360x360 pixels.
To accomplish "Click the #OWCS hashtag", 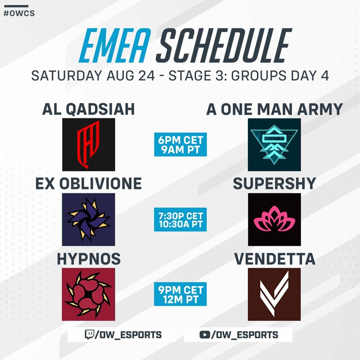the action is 19,13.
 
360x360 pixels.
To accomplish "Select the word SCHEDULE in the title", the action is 224,45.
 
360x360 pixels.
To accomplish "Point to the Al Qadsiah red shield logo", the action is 89,144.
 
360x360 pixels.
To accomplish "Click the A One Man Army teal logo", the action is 274,144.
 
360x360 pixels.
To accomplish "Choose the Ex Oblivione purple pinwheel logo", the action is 89,220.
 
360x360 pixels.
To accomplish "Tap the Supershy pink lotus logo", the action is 274,220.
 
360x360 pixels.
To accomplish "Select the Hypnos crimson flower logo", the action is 89,294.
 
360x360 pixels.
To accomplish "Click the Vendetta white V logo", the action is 274,294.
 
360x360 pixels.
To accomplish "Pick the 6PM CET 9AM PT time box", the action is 180,144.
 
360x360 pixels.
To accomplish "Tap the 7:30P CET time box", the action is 180,220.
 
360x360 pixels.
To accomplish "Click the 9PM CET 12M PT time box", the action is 180,294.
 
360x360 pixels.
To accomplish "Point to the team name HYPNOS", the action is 89,259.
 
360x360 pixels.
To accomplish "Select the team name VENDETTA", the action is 274,259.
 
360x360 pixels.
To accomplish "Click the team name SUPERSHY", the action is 274,184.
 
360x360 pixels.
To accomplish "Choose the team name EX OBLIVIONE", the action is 89,184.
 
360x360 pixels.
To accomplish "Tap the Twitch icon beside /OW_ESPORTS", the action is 89,334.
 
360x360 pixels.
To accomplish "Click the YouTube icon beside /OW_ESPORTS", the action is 205,335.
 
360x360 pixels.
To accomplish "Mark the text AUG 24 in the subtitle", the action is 130,76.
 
